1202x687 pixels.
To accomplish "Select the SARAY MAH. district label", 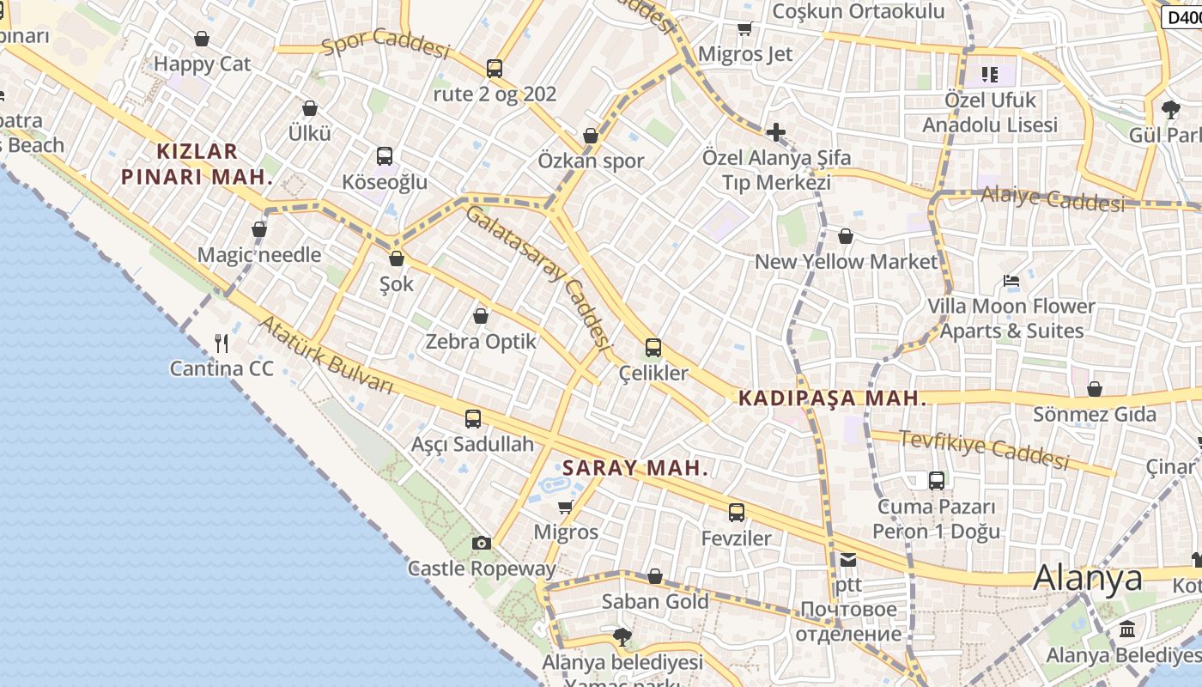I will [x=635, y=468].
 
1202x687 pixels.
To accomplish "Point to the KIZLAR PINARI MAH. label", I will [x=197, y=164].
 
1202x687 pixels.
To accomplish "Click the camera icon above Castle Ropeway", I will [x=482, y=543].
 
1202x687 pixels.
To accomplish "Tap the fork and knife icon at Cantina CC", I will [x=222, y=343].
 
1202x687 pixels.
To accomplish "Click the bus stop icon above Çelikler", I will [x=653, y=348].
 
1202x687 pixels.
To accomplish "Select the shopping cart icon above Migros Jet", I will [x=744, y=29].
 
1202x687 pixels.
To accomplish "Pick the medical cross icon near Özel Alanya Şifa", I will [x=776, y=132].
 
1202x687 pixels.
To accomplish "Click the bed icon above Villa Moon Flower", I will [x=1011, y=281].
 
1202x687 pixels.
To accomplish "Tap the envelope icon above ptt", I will [x=848, y=560].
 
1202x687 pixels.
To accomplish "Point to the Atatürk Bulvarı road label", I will [x=326, y=355].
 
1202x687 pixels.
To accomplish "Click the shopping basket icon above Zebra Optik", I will [x=481, y=316].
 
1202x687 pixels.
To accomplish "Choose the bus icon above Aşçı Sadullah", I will [x=473, y=419].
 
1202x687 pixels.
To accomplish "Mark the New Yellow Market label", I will [x=846, y=261].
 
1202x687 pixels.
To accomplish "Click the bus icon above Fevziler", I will [x=737, y=513].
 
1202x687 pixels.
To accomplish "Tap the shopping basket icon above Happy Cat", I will [x=202, y=39].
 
